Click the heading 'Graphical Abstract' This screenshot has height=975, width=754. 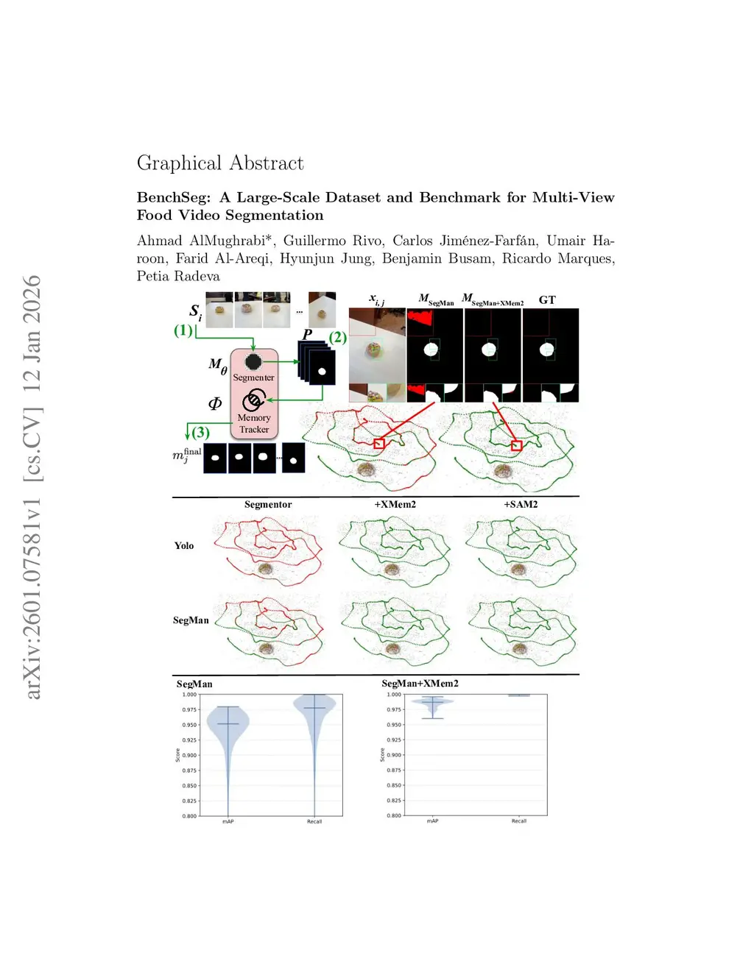(x=220, y=163)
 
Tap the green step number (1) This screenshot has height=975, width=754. (x=183, y=330)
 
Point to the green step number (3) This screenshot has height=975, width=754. (x=200, y=433)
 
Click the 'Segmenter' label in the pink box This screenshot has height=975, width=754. (x=253, y=377)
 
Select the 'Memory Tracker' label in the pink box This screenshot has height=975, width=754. (x=254, y=423)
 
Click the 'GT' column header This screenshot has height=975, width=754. (x=547, y=299)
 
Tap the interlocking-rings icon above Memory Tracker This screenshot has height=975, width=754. (x=254, y=400)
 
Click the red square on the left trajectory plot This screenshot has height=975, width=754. (x=379, y=444)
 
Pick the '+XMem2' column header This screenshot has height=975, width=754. (x=395, y=505)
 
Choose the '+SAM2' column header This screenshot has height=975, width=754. (x=521, y=505)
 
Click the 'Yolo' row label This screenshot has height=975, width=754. (x=184, y=546)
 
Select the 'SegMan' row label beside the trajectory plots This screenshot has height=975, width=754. (x=191, y=620)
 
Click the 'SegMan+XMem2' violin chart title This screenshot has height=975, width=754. (x=420, y=684)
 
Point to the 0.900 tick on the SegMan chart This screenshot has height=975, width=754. (x=189, y=755)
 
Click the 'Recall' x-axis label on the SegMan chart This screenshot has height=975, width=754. (x=314, y=821)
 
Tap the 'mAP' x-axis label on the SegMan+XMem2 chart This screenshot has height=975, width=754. (x=432, y=821)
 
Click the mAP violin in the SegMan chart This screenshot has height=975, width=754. (x=228, y=728)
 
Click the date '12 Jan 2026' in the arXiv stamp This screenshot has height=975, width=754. (x=32, y=332)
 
